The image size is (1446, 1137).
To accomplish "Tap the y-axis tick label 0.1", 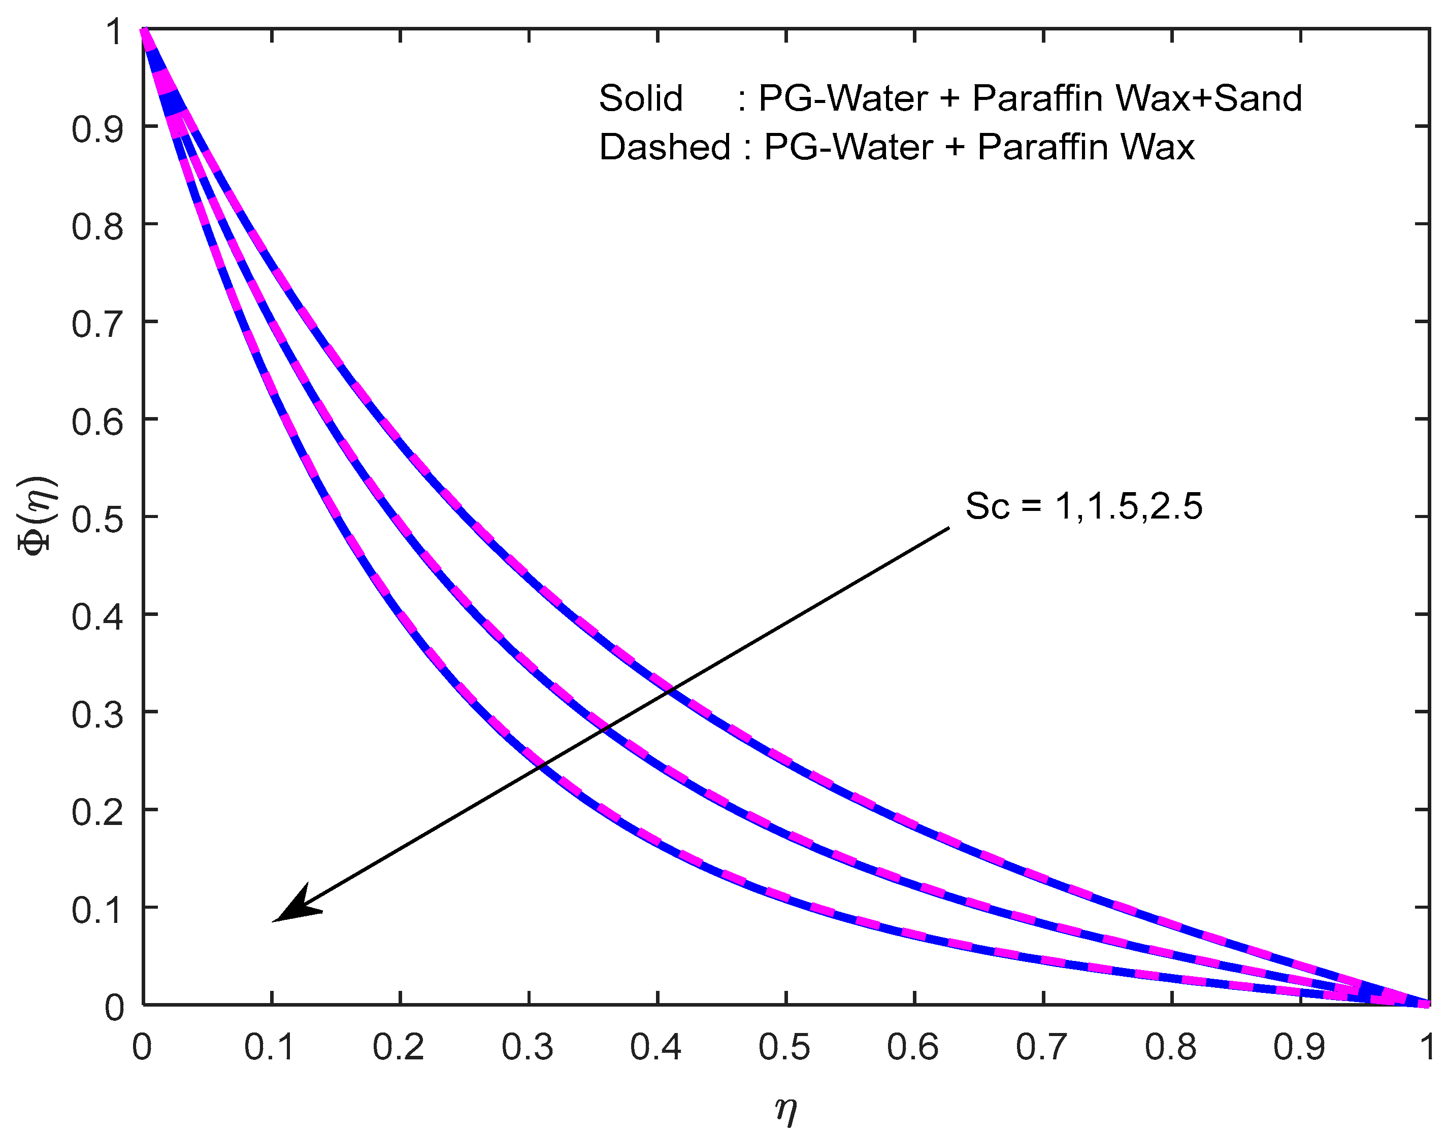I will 97,911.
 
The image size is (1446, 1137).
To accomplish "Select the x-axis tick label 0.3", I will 527,1047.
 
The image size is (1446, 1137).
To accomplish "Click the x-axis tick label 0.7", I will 1042,1047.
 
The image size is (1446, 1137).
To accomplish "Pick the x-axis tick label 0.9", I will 1299,1047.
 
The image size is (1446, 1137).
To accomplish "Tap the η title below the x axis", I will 786,1109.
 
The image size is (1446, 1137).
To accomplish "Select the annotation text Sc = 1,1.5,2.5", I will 1083,506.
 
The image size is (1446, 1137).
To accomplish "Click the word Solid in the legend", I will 640,98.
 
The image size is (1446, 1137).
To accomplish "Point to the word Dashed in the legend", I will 664,147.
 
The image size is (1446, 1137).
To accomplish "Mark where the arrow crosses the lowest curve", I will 541,766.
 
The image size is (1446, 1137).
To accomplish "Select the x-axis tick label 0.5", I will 784,1047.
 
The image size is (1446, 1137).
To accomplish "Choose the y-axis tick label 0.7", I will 97,325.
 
